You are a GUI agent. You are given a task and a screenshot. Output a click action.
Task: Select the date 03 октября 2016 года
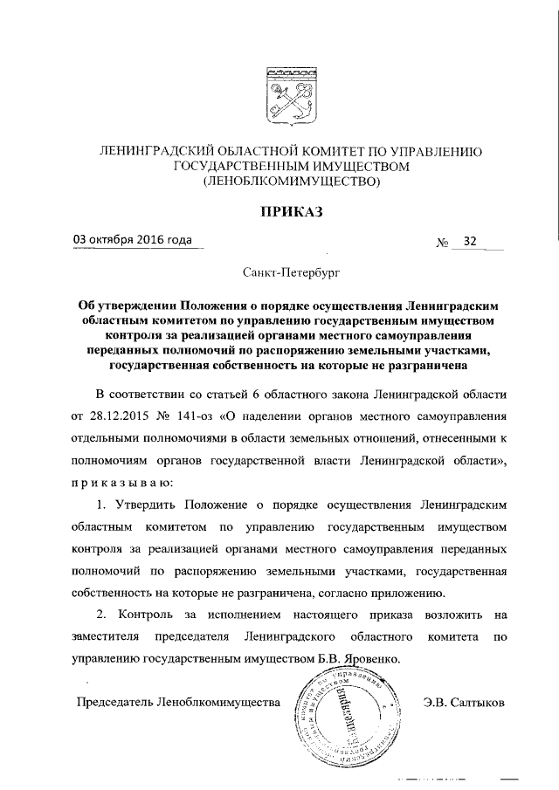[133, 242]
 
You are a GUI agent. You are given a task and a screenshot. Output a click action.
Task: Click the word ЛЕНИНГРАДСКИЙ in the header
[152, 152]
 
